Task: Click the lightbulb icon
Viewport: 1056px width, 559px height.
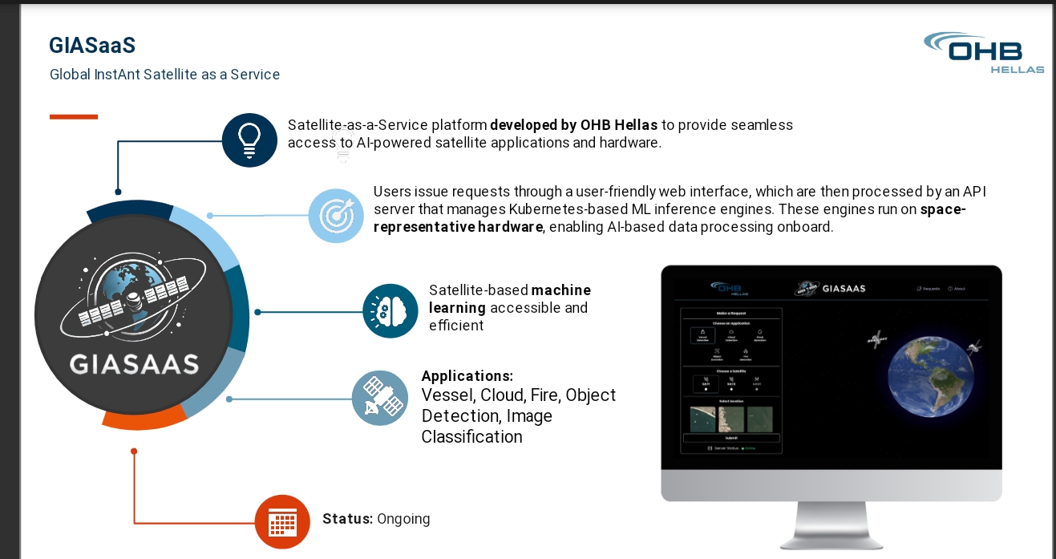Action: point(249,140)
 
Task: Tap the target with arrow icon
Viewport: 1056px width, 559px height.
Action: point(336,215)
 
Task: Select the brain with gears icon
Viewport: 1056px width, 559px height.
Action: point(390,310)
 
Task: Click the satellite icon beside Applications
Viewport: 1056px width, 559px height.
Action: point(379,398)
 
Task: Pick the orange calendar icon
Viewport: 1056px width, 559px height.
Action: point(282,522)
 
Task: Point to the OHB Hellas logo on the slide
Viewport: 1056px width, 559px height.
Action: point(985,53)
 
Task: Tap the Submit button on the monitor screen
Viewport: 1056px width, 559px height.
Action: point(731,438)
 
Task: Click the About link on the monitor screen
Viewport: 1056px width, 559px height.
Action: point(956,289)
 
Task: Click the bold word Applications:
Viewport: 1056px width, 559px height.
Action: point(467,376)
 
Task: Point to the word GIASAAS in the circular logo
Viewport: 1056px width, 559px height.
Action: point(134,365)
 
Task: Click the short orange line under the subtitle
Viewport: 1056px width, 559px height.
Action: point(74,117)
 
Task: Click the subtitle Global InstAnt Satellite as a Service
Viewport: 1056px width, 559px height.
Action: point(164,75)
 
